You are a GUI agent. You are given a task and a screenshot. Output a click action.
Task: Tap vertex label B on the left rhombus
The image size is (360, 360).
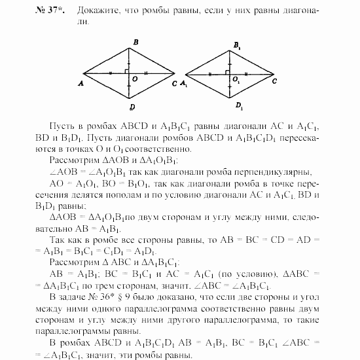[x=134, y=43]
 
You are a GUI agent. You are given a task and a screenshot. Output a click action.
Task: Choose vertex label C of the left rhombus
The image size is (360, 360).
[x=174, y=84]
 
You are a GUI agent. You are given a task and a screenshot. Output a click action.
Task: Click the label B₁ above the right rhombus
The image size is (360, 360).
[x=236, y=45]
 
